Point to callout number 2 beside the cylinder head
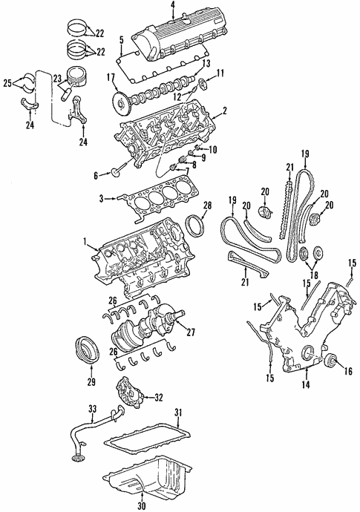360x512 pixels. pos(224,111)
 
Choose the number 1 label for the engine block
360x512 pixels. pos(87,241)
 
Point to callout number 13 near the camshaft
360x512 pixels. pos(206,64)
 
